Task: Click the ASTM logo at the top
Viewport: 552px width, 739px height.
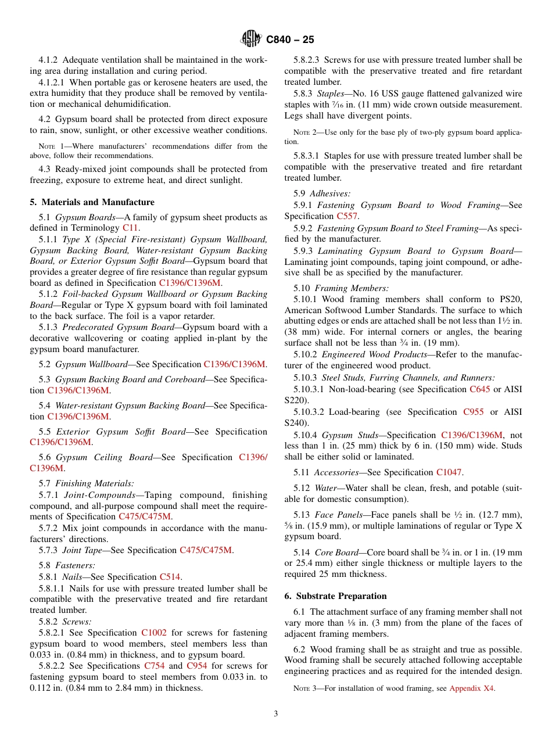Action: click(251, 39)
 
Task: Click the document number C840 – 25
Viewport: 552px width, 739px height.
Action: click(290, 40)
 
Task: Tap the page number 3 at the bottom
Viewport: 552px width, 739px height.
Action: click(276, 713)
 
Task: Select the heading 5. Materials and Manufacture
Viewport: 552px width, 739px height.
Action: click(92, 202)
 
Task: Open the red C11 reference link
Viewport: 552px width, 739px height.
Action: click(130, 228)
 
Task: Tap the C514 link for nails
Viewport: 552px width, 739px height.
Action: click(170, 577)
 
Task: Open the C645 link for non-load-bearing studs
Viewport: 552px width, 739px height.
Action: click(479, 389)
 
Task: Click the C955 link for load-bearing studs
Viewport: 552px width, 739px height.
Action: click(473, 412)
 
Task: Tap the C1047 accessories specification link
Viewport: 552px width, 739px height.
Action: click(449, 472)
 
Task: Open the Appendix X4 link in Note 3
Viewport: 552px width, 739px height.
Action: click(472, 688)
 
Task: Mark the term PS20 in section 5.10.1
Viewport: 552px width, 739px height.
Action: click(511, 299)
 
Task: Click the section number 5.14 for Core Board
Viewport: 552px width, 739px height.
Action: click(302, 553)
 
